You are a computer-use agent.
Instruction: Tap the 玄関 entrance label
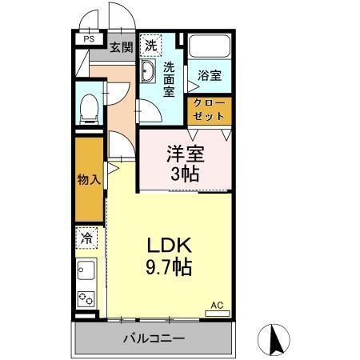(x=122, y=46)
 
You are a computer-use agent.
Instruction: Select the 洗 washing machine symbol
(x=150, y=46)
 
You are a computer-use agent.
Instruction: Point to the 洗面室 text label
(x=170, y=78)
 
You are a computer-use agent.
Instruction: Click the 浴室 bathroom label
(x=210, y=76)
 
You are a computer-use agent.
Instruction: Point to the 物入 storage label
(x=89, y=179)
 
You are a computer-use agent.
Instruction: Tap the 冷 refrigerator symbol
(x=86, y=238)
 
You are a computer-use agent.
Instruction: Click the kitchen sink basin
(x=86, y=273)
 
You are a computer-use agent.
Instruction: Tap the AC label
(x=216, y=304)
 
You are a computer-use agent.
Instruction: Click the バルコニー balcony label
(x=154, y=338)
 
